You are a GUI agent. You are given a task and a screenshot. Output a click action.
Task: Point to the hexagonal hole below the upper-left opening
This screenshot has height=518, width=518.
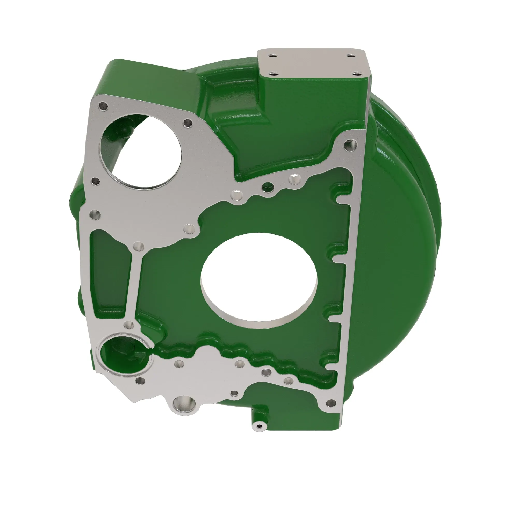pos(96,181)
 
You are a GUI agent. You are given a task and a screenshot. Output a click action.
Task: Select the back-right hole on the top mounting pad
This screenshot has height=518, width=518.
pos(350,56)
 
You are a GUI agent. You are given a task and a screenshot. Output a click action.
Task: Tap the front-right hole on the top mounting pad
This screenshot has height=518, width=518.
pos(356,74)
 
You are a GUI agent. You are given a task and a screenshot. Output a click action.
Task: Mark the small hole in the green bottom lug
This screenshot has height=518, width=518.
pos(259,426)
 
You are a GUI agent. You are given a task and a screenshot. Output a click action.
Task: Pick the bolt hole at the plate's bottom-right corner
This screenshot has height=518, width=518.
pos(332,402)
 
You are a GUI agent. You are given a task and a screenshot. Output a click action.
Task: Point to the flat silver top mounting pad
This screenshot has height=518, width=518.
pos(314,64)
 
